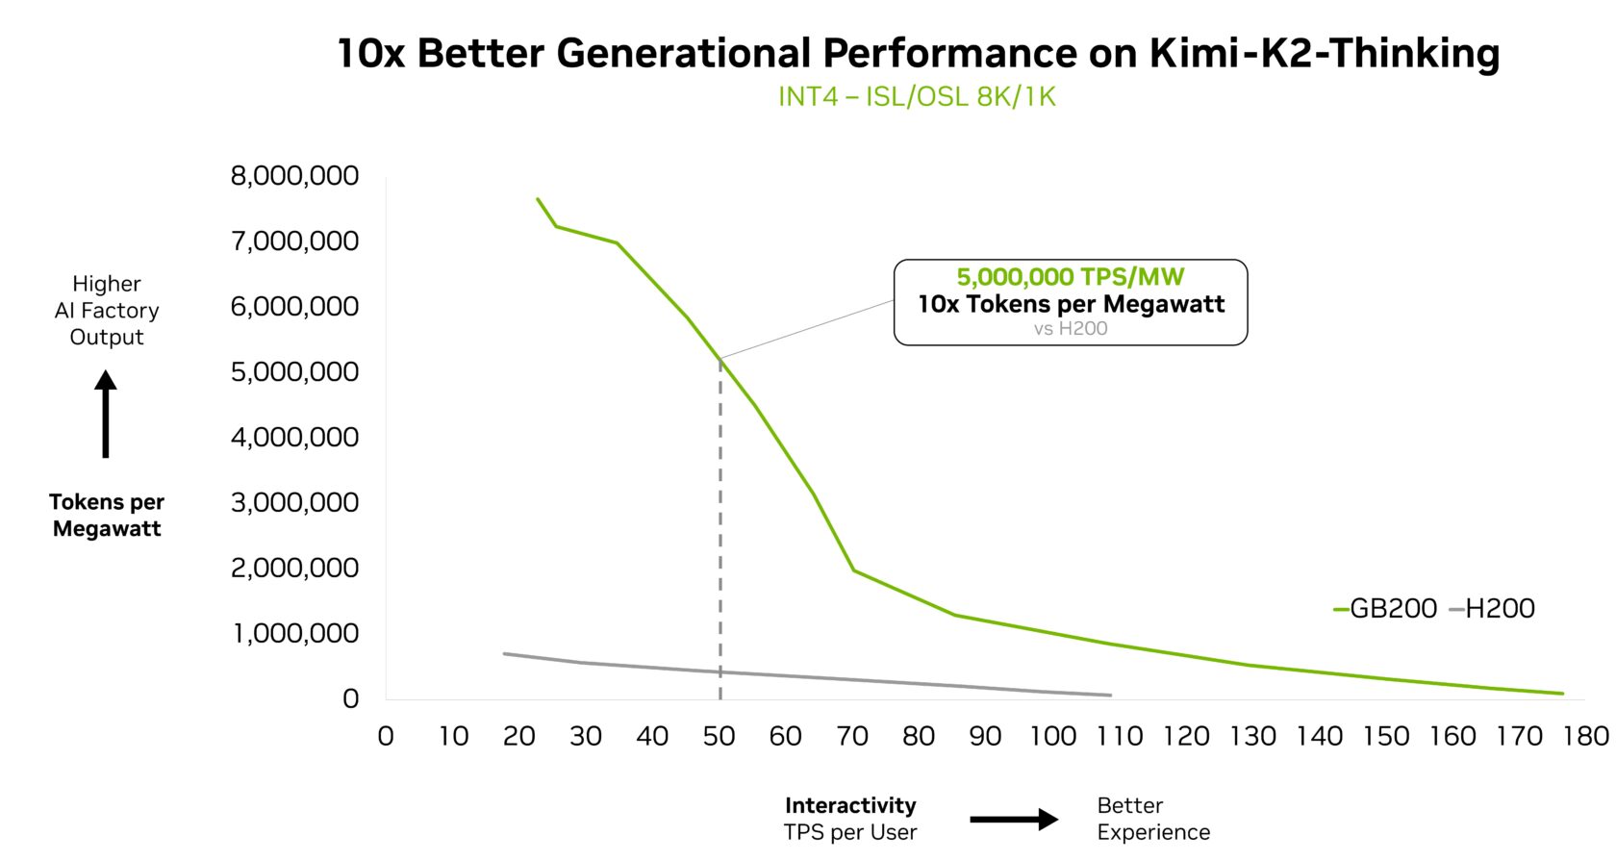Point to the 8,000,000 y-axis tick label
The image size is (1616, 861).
(294, 176)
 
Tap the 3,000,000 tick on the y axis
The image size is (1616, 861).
(294, 502)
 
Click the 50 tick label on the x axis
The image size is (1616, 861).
(719, 737)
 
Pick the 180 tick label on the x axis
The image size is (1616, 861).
(1586, 737)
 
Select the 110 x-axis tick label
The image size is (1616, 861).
(1119, 737)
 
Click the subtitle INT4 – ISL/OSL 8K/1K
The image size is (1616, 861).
(917, 97)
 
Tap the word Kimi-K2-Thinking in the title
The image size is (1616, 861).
(1324, 53)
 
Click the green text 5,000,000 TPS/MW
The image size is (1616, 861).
(1070, 277)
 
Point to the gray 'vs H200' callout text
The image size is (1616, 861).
(1070, 329)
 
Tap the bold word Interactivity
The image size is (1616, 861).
(850, 805)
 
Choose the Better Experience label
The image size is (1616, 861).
(1152, 819)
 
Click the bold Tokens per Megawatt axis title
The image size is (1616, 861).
(106, 516)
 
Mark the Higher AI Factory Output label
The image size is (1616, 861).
(106, 311)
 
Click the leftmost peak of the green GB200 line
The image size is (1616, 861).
(538, 199)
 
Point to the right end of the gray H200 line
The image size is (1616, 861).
(1110, 695)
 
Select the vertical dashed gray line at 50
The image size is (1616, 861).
(720, 529)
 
